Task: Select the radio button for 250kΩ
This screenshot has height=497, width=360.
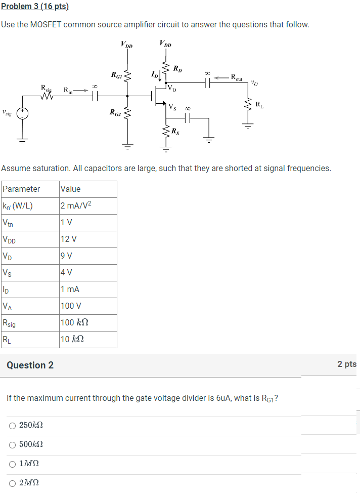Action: (12, 426)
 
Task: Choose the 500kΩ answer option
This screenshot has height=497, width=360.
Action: (12, 445)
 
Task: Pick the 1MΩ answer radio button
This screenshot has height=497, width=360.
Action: (12, 464)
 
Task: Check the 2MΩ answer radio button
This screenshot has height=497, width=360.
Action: (12, 483)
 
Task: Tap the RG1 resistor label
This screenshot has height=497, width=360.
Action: (116, 75)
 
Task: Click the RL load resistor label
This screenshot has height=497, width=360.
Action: (259, 105)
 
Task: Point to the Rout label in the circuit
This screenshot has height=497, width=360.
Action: (236, 77)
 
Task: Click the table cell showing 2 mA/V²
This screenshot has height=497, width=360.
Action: (76, 205)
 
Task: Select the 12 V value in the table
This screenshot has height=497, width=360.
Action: (68, 239)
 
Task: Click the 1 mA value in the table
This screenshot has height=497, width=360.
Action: (70, 289)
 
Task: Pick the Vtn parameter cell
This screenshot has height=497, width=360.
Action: (9, 222)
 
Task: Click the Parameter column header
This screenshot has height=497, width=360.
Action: (21, 189)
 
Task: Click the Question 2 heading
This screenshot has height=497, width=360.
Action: (30, 365)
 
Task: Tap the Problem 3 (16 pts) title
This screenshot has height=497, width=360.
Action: (35, 7)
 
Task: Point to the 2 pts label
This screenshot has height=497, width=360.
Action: (347, 364)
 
